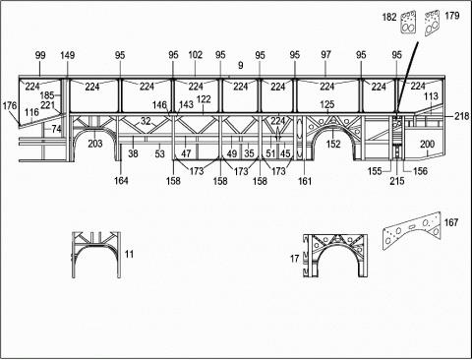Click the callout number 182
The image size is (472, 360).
tap(389, 17)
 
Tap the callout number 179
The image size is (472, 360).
tap(452, 16)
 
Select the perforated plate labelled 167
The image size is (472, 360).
tap(411, 230)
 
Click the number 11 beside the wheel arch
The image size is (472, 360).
tap(129, 254)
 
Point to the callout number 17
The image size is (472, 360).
tap(294, 259)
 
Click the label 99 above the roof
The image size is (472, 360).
tap(40, 55)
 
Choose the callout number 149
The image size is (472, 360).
tap(67, 55)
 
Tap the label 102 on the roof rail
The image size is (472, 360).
tap(196, 55)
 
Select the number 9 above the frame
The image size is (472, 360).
tap(241, 65)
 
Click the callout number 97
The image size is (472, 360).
tap(325, 55)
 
